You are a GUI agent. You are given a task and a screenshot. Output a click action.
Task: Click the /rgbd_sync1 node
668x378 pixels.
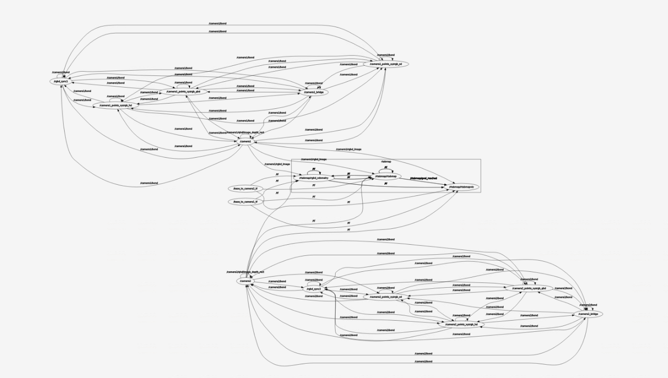point(61,81)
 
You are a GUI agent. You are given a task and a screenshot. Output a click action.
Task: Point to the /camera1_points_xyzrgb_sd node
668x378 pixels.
point(389,64)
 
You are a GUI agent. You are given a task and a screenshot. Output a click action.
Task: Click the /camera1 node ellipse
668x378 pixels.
point(245,141)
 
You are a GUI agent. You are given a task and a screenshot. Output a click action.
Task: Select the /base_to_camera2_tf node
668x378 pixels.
point(245,188)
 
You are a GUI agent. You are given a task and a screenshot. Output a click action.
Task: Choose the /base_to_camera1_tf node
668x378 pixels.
point(245,202)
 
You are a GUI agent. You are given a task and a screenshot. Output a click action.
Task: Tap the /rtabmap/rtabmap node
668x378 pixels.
point(386,176)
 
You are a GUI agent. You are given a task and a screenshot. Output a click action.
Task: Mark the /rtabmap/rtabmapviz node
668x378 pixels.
point(461,187)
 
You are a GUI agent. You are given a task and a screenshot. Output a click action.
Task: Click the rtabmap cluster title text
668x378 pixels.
point(386,161)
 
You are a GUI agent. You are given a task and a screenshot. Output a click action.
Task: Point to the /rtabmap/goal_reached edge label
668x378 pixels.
point(423,178)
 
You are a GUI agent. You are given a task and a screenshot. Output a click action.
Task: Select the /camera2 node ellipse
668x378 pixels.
point(245,281)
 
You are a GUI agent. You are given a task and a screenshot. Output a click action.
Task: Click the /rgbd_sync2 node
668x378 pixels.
point(314,289)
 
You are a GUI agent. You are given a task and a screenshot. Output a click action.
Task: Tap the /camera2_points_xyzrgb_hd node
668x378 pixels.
point(461,324)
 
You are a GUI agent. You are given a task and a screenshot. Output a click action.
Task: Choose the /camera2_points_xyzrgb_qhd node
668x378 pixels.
point(529,288)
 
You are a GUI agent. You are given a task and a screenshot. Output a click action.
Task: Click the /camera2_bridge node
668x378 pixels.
point(588,314)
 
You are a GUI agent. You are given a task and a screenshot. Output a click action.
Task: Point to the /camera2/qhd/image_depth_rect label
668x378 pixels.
point(245,272)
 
